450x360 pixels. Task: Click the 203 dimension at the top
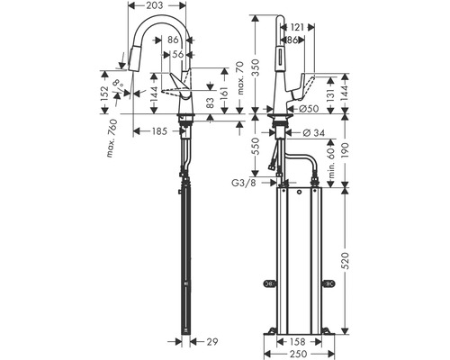click(x=156, y=5)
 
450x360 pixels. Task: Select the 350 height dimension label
click(x=256, y=67)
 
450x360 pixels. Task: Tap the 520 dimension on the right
click(x=346, y=260)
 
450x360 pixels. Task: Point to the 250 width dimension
click(x=298, y=354)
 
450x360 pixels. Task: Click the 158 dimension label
click(x=298, y=342)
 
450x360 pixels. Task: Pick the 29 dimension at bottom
click(x=212, y=342)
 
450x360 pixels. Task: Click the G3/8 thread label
click(x=244, y=183)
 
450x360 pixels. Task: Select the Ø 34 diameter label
click(x=314, y=132)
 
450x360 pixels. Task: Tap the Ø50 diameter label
click(x=309, y=109)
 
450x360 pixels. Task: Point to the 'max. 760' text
click(x=112, y=139)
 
